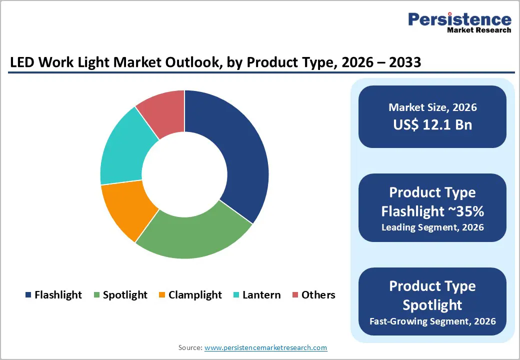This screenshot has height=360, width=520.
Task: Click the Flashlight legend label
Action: (58, 295)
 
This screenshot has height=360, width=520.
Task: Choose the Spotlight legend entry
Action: (125, 295)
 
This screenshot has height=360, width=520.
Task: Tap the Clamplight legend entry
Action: (195, 295)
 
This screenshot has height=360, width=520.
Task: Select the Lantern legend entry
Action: (261, 295)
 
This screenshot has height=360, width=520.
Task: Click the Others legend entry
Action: (318, 295)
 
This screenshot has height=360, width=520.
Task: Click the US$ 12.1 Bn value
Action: (432, 124)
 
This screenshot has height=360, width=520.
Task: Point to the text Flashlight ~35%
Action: (432, 211)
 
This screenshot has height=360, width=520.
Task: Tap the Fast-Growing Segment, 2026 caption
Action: (432, 320)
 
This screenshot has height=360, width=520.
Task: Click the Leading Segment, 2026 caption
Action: (432, 227)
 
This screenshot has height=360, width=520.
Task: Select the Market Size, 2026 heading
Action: (432, 107)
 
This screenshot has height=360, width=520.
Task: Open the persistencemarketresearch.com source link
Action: (265, 347)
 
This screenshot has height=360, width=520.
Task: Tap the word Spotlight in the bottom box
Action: (432, 304)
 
